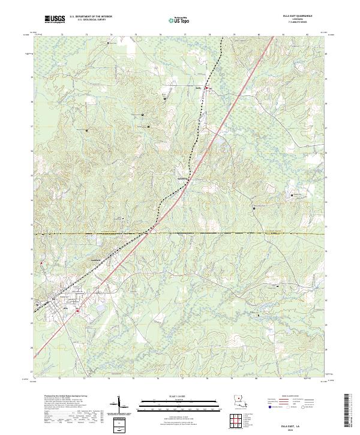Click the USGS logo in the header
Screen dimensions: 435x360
55,19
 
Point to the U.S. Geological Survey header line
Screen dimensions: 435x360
91,20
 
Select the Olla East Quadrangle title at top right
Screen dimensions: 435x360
300,17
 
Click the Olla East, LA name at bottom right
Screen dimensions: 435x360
293,423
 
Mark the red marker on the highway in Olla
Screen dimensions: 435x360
78,310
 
